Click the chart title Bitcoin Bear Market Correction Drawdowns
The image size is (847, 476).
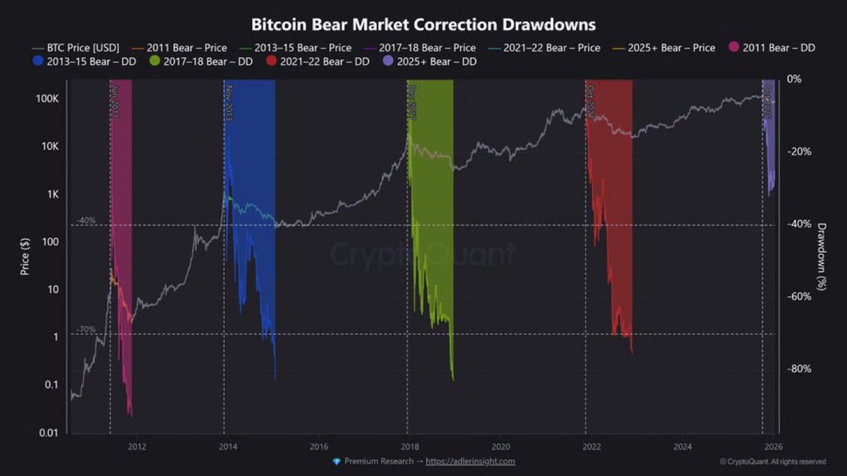tap(423, 25)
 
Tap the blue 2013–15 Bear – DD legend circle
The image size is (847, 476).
tap(38, 62)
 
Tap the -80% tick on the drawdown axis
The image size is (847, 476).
tap(800, 369)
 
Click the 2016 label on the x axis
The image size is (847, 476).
tap(318, 446)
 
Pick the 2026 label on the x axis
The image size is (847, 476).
tap(774, 446)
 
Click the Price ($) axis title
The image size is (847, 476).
tap(25, 255)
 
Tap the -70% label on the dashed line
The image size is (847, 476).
tap(85, 329)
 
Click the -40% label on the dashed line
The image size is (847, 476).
tap(85, 220)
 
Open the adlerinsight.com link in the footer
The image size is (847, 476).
tap(470, 462)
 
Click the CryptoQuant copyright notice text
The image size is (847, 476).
tap(772, 462)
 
